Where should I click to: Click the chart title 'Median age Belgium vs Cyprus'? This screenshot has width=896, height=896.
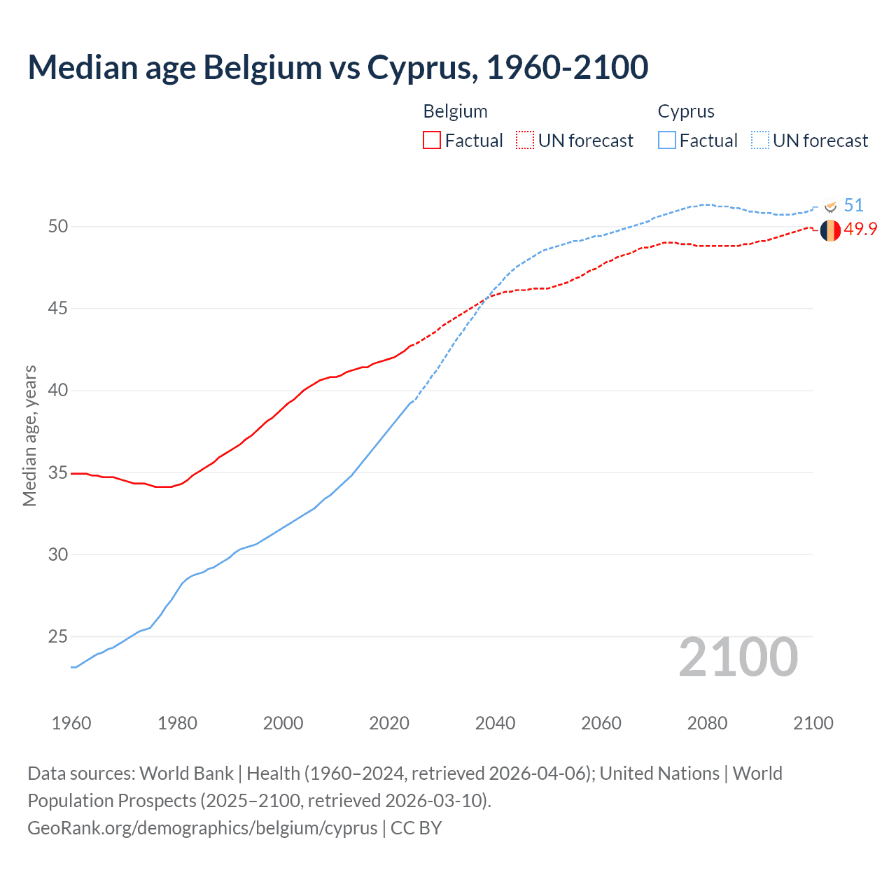pyautogui.click(x=337, y=67)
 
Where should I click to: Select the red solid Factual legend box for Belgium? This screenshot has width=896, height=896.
pyautogui.click(x=432, y=140)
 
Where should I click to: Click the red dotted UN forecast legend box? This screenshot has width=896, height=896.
pyautogui.click(x=525, y=140)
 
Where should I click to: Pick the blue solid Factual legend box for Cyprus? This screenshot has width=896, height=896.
pyautogui.click(x=667, y=140)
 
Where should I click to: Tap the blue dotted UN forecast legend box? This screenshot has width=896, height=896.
pyautogui.click(x=760, y=140)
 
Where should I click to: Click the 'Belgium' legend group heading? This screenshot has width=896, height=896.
pyautogui.click(x=455, y=111)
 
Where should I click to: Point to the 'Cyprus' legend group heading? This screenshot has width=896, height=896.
pyautogui.click(x=686, y=111)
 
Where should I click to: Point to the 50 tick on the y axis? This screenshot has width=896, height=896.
pyautogui.click(x=58, y=226)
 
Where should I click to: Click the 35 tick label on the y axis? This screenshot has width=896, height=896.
pyautogui.click(x=58, y=472)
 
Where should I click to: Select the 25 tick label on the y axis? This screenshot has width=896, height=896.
pyautogui.click(x=58, y=636)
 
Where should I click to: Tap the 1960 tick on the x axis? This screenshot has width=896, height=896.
pyautogui.click(x=71, y=723)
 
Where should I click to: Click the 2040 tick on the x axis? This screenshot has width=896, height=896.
pyautogui.click(x=495, y=723)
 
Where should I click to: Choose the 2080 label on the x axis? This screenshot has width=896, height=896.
pyautogui.click(x=707, y=723)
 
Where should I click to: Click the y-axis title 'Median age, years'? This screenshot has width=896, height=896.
pyautogui.click(x=29, y=435)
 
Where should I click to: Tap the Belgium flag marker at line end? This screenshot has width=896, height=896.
pyautogui.click(x=830, y=230)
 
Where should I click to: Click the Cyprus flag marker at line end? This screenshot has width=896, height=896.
pyautogui.click(x=831, y=206)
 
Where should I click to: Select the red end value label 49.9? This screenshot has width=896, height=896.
pyautogui.click(x=860, y=230)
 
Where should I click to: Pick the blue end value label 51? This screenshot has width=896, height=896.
pyautogui.click(x=853, y=205)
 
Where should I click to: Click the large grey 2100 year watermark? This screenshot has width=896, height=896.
pyautogui.click(x=738, y=657)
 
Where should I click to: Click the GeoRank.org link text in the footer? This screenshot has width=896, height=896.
pyautogui.click(x=202, y=827)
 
